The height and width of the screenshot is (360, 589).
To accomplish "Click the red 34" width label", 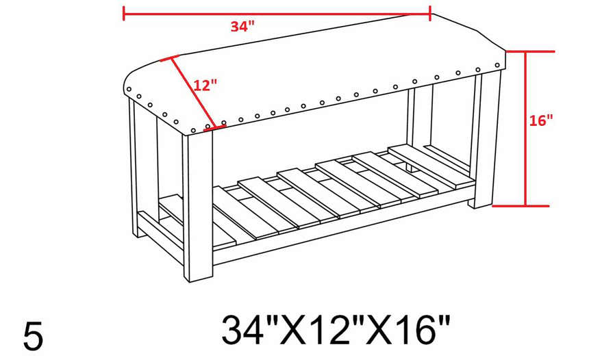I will pos(242,27).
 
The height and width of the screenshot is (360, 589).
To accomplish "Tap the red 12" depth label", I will pos(205,86).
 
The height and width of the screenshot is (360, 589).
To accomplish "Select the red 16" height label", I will pos(541,120).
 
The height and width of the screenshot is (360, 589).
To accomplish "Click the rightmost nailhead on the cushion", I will pos(497,64).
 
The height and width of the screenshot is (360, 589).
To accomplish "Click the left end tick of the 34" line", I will pos(124,13).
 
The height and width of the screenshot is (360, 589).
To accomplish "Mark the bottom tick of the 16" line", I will pos(525,205).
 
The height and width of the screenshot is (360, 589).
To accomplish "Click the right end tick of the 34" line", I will pos(429,13).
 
